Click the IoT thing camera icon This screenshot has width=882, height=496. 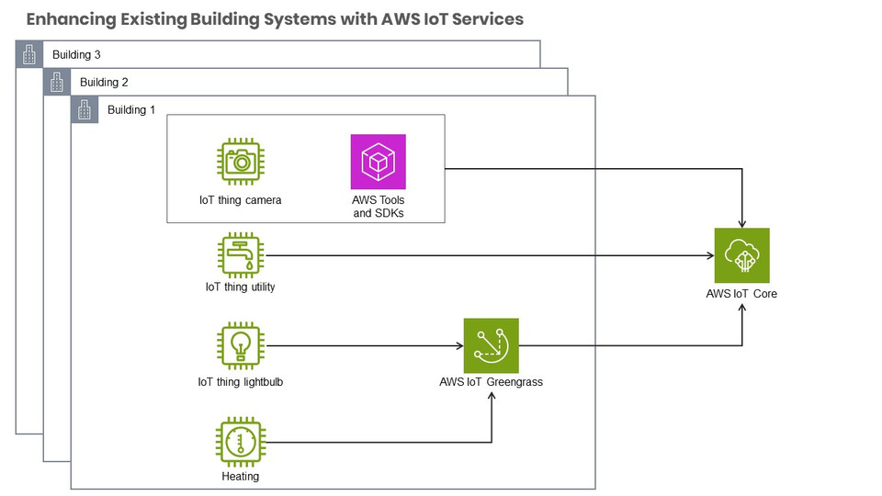coord(241,163)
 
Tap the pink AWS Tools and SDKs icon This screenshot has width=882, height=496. coord(378,163)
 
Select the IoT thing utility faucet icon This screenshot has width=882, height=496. coord(241,255)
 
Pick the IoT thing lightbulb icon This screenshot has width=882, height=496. coord(241,345)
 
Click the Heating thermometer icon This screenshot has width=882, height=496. coord(241,442)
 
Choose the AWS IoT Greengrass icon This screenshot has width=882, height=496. coord(491,345)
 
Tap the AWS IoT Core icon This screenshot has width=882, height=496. coord(741,255)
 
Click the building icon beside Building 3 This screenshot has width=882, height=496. coord(29,54)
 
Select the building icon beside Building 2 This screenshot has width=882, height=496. coord(57,82)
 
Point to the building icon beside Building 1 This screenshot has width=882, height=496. coord(85,109)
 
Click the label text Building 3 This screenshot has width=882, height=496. coord(76,55)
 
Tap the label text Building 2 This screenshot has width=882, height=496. coord(104,83)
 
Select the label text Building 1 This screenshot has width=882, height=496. coord(131,110)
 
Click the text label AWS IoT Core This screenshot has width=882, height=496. coord(741,294)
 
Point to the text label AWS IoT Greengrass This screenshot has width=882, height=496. coord(491,382)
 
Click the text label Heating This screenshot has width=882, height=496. coord(241,477)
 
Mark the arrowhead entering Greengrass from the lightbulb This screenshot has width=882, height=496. coord(458,346)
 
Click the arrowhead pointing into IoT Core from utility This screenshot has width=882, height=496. coord(709,255)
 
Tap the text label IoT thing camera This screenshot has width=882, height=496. coord(241,200)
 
